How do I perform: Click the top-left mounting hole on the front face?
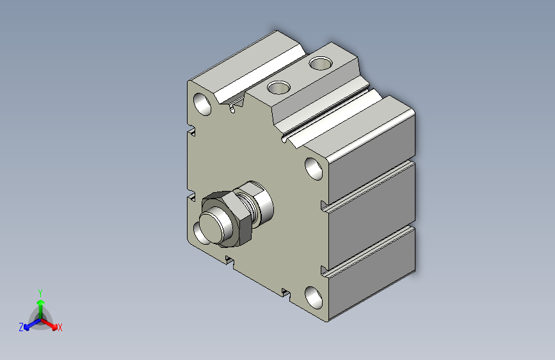[202, 104]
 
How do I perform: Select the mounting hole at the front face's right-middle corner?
[314, 168]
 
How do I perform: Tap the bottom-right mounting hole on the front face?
[314, 298]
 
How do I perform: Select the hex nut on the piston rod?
[227, 218]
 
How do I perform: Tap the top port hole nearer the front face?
[279, 87]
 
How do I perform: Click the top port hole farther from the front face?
[321, 63]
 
